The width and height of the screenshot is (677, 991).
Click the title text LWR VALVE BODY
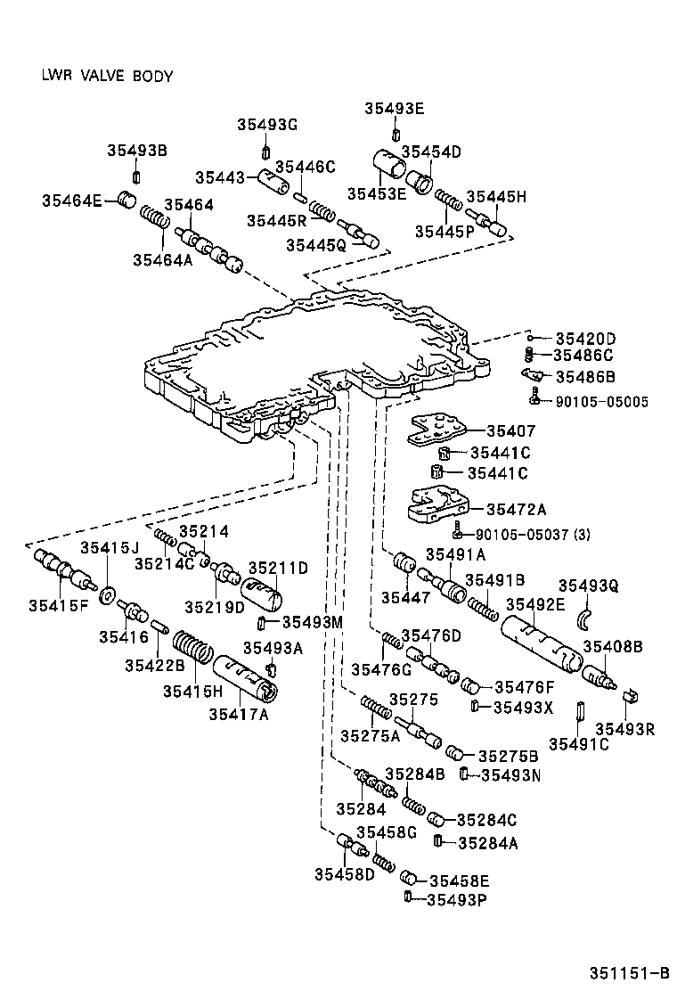(107, 76)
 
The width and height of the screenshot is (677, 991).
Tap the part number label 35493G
(266, 124)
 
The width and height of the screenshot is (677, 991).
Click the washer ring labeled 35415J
(106, 594)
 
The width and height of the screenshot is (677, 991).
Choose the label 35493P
(456, 899)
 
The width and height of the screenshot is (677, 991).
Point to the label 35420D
(585, 338)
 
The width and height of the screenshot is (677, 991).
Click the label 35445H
(496, 196)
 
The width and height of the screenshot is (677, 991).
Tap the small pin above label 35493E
(394, 135)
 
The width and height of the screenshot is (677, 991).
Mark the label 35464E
(72, 201)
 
